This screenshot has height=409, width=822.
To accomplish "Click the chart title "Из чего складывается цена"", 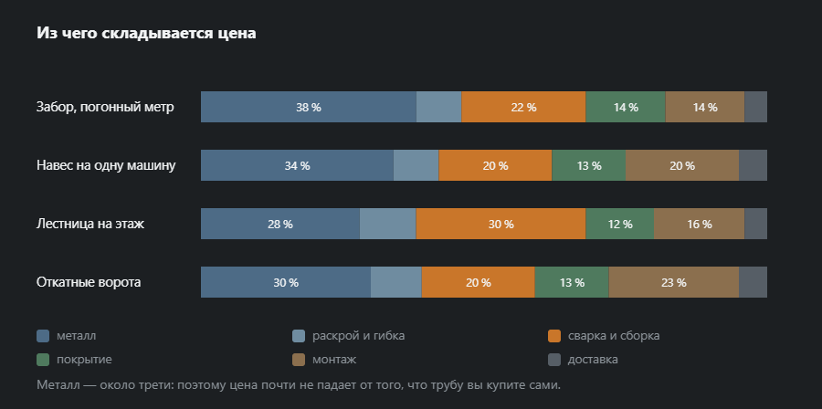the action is (x=146, y=34).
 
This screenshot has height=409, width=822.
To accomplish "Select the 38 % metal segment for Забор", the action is (x=309, y=107).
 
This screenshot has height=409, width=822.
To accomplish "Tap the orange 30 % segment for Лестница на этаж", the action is (x=501, y=224).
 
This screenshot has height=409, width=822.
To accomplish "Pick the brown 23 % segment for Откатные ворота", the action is (x=674, y=282).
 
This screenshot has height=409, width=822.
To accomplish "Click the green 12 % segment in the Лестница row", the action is (x=619, y=224).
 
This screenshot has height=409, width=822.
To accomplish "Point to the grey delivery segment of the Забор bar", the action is (x=755, y=107).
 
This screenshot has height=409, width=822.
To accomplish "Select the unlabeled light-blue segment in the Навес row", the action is (x=416, y=165).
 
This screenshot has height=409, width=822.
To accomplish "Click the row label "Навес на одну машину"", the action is (x=106, y=165).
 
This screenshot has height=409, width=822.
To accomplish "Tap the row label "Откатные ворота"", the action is (x=89, y=282).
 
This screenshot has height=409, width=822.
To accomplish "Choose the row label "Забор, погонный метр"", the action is (x=105, y=108).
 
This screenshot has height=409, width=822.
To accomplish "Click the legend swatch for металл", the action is (x=43, y=336).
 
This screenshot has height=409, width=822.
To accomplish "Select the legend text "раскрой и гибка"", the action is (x=359, y=336).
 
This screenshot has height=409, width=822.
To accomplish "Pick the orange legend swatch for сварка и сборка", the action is (x=554, y=336).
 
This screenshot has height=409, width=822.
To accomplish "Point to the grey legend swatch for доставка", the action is (x=554, y=360).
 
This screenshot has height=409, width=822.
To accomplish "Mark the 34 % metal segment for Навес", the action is (x=297, y=165).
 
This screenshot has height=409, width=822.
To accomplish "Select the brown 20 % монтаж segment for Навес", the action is (x=682, y=165).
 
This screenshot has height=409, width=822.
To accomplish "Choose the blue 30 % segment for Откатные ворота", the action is (x=286, y=282).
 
